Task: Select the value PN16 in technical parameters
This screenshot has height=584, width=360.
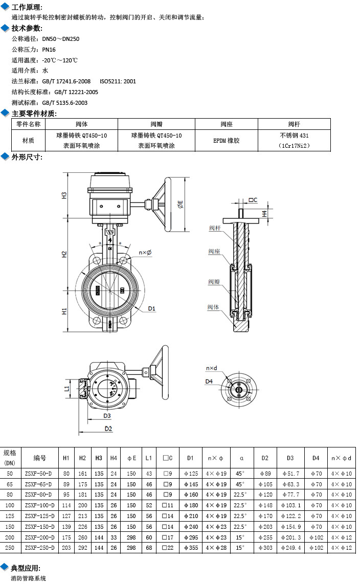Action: tap(49, 50)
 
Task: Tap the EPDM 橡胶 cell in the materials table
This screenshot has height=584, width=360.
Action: tap(227, 140)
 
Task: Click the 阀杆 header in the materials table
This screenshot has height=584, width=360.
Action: tap(294, 124)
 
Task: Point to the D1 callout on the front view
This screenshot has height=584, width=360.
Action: tap(152, 308)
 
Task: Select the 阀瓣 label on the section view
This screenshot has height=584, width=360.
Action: tap(214, 282)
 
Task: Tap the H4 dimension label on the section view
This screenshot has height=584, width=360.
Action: tap(264, 213)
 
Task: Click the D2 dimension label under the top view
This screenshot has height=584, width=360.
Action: tap(108, 428)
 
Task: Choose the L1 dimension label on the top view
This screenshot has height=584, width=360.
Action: tap(67, 390)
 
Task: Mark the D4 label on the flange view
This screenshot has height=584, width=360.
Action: tap(209, 381)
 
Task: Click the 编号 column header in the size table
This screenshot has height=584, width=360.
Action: tap(40, 458)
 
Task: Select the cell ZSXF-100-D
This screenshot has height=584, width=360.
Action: tap(40, 505)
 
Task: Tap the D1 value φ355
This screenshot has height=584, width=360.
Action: tap(190, 548)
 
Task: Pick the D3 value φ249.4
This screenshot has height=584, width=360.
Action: tap(290, 548)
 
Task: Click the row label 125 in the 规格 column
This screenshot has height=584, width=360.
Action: tap(10, 516)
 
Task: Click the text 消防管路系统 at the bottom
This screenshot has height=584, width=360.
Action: tap(29, 578)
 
